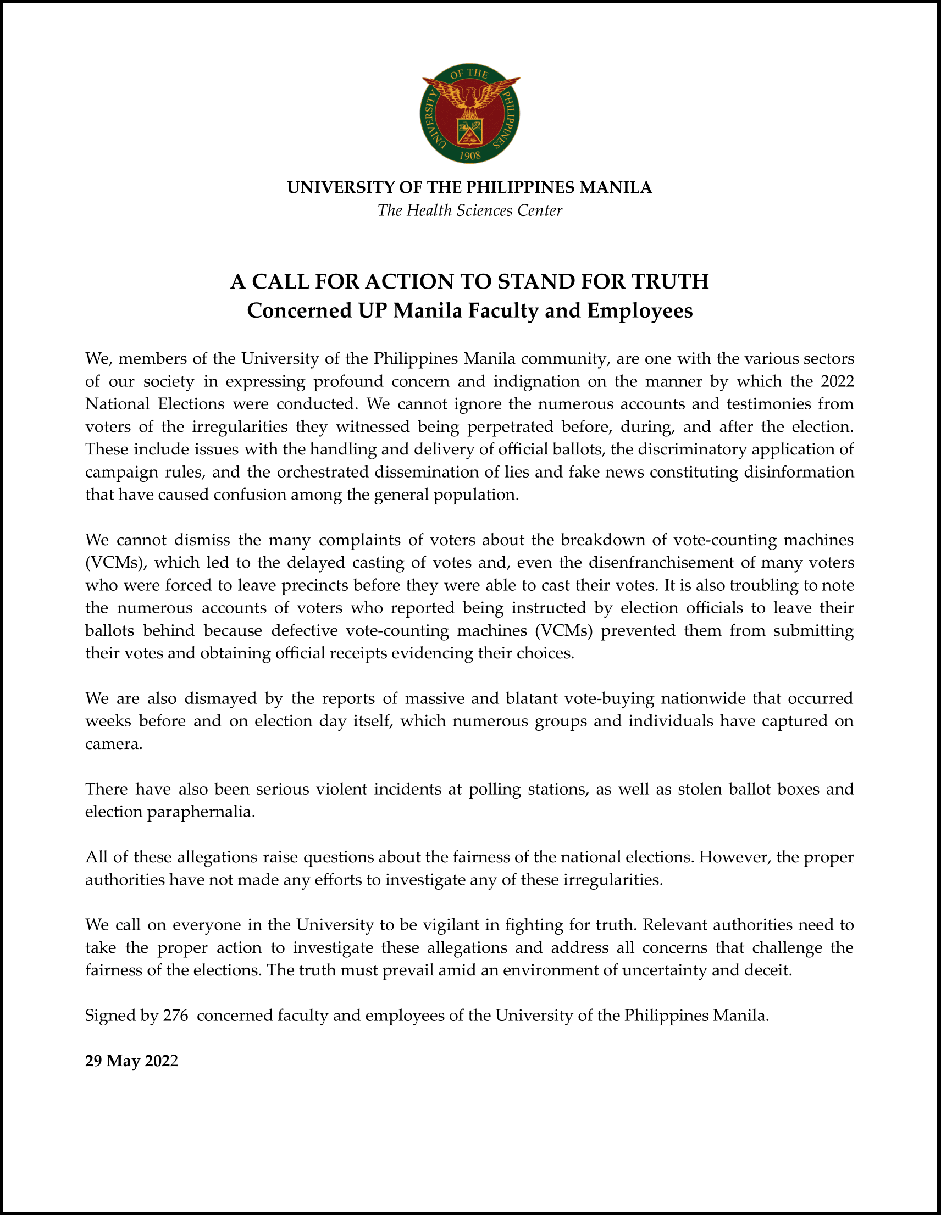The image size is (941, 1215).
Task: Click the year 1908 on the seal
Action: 470,155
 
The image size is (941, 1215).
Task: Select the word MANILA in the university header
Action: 616,187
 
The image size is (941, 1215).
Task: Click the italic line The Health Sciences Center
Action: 470,210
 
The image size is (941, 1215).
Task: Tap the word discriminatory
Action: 685,449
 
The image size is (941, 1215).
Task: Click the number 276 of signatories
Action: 175,1016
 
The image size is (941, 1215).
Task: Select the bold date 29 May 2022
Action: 132,1061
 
